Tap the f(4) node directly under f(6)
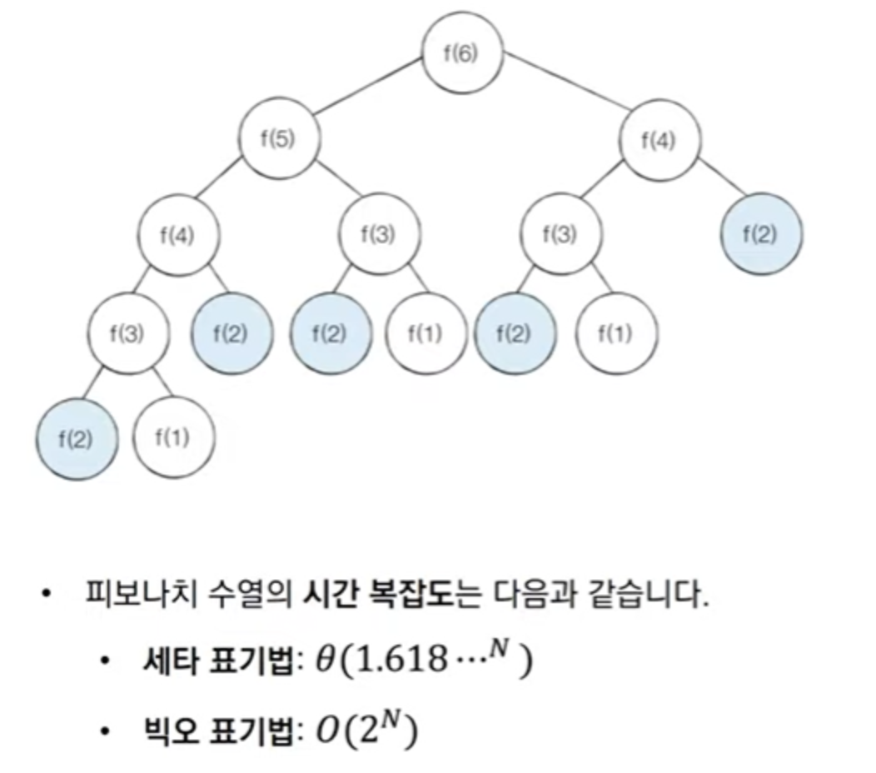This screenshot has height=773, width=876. coord(659,139)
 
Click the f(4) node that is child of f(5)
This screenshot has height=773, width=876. coord(178,234)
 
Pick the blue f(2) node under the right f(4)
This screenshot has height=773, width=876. coord(760,234)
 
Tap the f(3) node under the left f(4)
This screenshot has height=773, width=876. coord(129,335)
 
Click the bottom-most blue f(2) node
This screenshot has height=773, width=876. coord(76,438)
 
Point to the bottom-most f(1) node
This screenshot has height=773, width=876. coord(173,438)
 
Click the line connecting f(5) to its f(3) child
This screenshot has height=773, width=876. coord(331,188)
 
